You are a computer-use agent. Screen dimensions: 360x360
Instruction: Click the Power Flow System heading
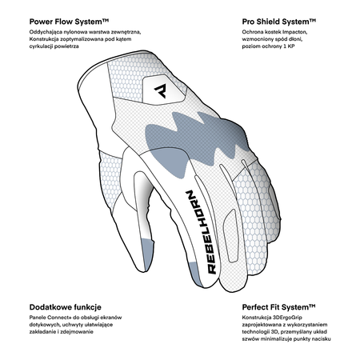[69, 22]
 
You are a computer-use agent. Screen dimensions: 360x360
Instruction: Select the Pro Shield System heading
[279, 22]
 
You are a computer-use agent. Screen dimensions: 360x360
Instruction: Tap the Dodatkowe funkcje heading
[66, 307]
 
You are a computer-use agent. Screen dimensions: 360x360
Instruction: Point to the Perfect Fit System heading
[278, 307]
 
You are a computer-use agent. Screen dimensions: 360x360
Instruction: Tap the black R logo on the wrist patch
[161, 90]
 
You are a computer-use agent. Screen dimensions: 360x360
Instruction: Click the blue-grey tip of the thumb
[148, 254]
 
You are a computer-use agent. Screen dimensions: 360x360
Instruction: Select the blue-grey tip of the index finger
[195, 274]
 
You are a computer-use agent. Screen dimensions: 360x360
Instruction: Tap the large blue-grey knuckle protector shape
[192, 138]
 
